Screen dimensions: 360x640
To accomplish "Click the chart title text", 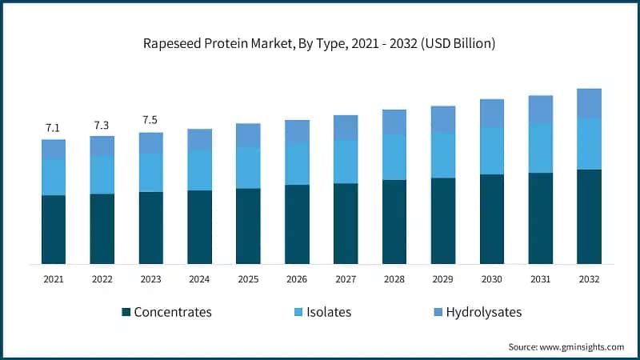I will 320,43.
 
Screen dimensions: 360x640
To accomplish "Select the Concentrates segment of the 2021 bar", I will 54,230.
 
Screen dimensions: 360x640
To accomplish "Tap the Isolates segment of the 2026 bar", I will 297,164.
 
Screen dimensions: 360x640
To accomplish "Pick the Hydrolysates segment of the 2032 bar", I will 589,104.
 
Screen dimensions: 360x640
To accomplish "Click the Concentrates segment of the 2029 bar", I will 443,221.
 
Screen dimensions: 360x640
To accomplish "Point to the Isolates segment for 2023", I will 150,173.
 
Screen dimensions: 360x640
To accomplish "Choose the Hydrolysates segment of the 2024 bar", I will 199,139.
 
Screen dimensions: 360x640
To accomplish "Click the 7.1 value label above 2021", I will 54,128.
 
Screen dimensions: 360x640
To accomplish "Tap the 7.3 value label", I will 102,125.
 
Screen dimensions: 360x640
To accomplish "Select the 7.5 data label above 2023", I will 150,121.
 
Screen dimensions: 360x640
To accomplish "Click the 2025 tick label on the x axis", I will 248,279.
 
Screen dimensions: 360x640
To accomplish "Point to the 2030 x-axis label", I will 491,279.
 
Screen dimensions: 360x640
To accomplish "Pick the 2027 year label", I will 346,279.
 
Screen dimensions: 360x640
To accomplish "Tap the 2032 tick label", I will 589,279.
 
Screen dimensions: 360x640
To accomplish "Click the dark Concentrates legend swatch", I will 126,312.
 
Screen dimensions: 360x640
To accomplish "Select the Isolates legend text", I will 328,312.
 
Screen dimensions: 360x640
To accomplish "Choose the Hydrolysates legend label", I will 483,312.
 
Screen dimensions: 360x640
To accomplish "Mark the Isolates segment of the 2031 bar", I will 540,148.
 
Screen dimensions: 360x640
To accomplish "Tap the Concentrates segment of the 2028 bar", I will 394,222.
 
